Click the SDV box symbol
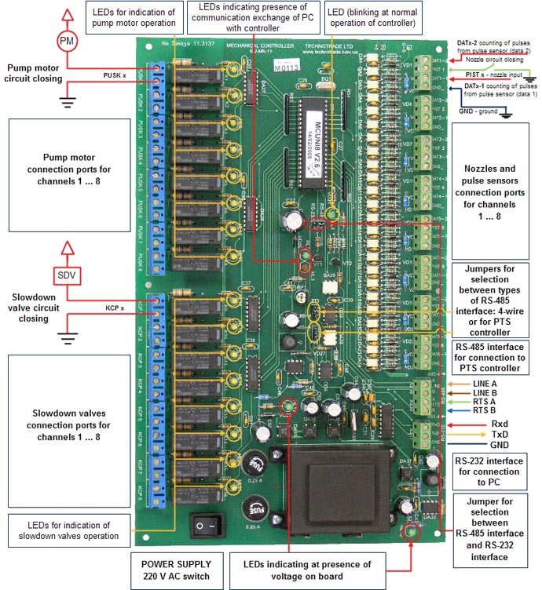point(66,275)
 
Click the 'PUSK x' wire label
point(114,75)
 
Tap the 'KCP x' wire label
point(115,308)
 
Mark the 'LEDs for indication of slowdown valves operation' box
point(67,530)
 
